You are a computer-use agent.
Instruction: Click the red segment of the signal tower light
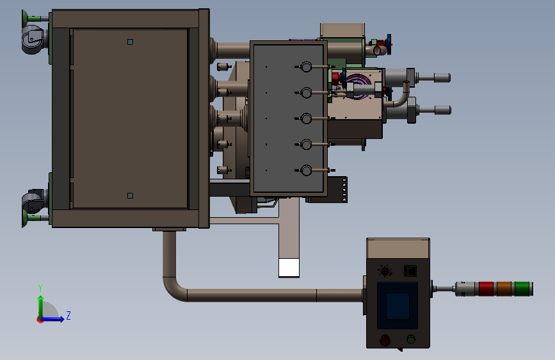tap(486, 289)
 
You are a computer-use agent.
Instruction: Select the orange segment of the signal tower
tap(504, 289)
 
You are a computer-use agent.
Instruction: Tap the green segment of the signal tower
tap(522, 289)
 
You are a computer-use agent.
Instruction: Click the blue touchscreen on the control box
tap(398, 306)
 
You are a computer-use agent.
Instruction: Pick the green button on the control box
tap(410, 340)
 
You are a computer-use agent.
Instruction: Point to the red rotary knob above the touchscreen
tap(385, 271)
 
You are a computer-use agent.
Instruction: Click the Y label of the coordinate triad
tap(40, 288)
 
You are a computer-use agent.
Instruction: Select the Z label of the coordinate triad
tap(68, 315)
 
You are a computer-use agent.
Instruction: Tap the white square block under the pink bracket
tap(289, 268)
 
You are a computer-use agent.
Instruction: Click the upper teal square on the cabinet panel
tap(130, 42)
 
